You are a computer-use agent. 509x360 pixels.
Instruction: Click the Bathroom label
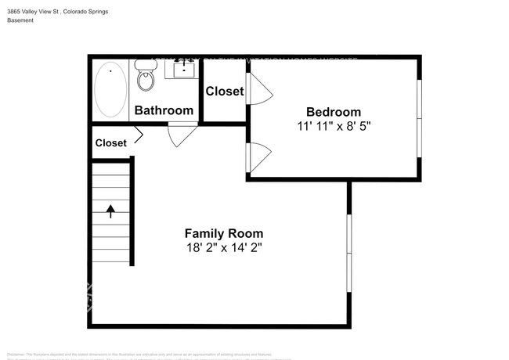tap(164, 110)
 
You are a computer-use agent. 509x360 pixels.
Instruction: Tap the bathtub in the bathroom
tap(110, 89)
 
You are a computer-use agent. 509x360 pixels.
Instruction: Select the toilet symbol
tap(145, 75)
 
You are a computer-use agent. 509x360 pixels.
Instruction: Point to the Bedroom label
tap(334, 112)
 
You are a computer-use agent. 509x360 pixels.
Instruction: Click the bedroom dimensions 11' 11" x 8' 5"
tap(334, 127)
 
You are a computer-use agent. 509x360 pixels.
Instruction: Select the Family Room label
tap(223, 233)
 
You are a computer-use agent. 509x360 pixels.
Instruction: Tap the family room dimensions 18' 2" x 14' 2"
tap(223, 248)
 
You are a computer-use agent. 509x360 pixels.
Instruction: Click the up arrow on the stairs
tap(110, 211)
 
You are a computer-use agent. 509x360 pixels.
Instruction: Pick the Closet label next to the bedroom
tap(225, 92)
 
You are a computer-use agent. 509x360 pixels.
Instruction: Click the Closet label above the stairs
tap(110, 143)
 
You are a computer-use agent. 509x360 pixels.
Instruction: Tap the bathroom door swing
tap(182, 134)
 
